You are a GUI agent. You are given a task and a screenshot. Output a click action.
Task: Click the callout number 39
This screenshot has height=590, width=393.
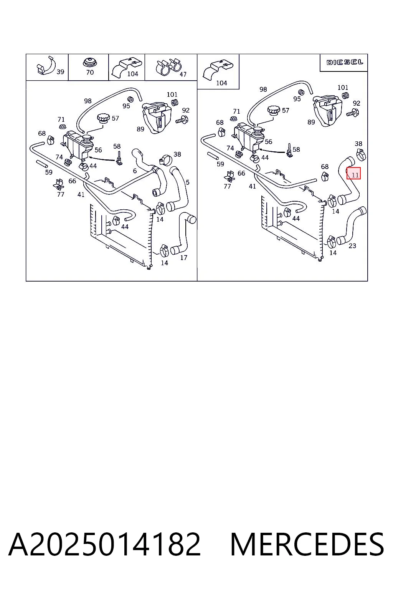tap(60, 72)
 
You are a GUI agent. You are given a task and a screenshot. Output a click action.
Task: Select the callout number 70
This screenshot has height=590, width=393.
tap(90, 72)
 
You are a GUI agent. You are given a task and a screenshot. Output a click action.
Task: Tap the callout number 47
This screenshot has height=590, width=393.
tap(183, 74)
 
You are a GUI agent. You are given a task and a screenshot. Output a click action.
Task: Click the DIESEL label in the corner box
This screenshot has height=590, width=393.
tap(345, 63)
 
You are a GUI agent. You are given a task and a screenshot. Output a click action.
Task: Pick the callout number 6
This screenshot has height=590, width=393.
tap(135, 171)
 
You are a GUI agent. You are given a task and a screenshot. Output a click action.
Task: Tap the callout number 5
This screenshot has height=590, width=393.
tap(187, 182)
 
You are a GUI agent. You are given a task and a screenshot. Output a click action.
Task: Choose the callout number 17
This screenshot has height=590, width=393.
tap(183, 258)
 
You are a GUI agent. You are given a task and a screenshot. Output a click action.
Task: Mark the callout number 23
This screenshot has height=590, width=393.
tap(352, 246)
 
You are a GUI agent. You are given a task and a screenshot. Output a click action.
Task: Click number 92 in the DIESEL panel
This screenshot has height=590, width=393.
tap(357, 103)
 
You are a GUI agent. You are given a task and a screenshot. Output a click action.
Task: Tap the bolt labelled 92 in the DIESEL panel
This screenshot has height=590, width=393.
tap(353, 113)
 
